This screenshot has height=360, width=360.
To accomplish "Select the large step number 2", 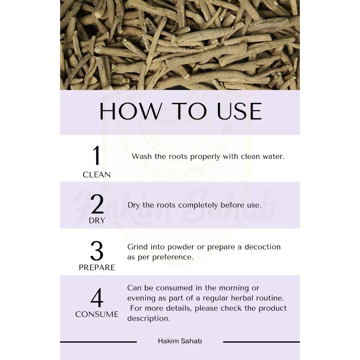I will [x=97, y=204].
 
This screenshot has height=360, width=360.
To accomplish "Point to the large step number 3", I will [x=97, y=251].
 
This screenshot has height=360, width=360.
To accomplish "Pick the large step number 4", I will [x=97, y=298].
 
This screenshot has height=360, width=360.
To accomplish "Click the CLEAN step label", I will [x=97, y=175].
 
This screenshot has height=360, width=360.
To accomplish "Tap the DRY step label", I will [x=97, y=221].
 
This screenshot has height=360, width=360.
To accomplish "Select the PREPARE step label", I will [x=97, y=268].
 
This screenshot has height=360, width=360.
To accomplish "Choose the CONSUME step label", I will [x=97, y=314].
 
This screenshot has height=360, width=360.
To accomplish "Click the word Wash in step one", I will [x=142, y=156].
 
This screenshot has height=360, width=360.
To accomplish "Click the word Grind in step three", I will [x=136, y=247].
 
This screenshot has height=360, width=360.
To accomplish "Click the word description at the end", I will [x=148, y=319].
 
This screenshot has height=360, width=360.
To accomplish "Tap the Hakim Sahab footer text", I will [x=180, y=341].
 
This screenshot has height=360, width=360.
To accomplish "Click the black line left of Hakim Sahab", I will [x=98, y=342].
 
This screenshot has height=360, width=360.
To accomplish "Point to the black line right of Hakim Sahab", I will [x=261, y=342].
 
